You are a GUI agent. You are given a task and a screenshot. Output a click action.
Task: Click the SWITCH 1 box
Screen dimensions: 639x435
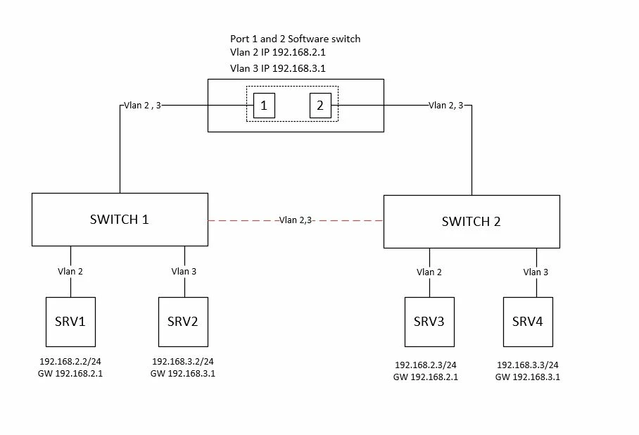pos(120,220)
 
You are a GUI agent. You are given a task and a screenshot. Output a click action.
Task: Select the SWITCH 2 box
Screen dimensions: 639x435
pos(472,222)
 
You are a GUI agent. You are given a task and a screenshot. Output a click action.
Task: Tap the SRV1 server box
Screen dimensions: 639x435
pos(70,322)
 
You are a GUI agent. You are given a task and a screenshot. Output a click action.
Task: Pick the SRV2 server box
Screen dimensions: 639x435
pos(183,322)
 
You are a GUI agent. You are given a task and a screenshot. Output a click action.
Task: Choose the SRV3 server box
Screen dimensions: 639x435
pos(429,322)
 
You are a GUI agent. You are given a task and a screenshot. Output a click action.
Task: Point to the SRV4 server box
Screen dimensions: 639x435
pos(528,322)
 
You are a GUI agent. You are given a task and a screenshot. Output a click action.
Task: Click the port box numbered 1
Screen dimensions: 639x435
pos(264,106)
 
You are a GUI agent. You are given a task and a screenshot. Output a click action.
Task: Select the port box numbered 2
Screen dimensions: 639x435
pos(320,106)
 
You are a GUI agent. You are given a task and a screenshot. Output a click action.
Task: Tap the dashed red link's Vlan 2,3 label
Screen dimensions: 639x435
pos(296,220)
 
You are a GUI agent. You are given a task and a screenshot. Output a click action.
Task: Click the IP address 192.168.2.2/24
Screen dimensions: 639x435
pos(70,361)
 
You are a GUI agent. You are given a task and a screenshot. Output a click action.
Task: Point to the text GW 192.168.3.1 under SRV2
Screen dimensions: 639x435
pos(182,374)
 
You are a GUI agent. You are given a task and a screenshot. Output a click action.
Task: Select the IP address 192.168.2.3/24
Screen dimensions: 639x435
pos(426,365)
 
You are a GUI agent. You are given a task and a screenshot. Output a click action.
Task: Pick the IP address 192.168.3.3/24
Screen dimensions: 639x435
pos(527,365)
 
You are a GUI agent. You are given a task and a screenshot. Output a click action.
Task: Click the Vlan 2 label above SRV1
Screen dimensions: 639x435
pos(70,271)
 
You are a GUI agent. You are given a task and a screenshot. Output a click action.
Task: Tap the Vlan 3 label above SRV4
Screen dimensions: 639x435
pos(536,272)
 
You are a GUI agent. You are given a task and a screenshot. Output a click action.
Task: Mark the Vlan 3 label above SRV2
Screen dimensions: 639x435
pos(184,271)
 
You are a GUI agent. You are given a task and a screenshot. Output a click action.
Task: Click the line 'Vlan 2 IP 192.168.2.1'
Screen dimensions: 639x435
pos(278,52)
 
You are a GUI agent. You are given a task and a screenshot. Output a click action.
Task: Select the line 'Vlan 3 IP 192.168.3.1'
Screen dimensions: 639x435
pos(278,68)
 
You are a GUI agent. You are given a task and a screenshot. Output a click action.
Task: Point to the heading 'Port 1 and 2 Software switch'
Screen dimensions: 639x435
pos(296,39)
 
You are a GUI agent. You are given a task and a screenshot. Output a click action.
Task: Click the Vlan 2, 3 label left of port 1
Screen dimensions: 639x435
pos(142,105)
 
